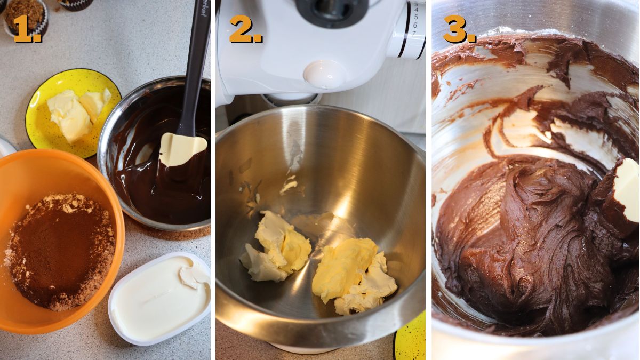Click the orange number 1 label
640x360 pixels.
(x=27, y=29)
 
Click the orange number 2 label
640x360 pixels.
(x=245, y=29)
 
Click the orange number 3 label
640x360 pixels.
(x=458, y=29)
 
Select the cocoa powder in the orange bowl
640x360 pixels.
(x=61, y=251)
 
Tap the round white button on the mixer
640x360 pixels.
(x=324, y=74)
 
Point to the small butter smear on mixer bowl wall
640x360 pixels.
(x=289, y=186)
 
